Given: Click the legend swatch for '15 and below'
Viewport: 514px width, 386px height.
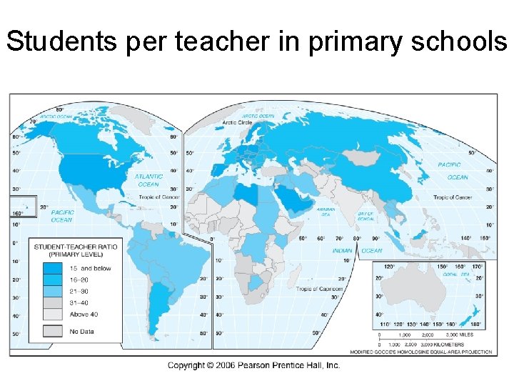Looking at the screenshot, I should click(51, 269).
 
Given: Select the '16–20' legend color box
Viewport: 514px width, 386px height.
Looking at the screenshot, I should click(51, 281).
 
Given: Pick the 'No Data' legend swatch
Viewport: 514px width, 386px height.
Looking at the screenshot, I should click(51, 331).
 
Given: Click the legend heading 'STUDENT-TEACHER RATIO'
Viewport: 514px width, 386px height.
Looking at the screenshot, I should click(76, 247).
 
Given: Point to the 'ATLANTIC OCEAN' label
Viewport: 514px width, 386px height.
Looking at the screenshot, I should click(148, 180).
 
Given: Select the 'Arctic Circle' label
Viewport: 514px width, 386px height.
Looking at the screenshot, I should click(257, 122).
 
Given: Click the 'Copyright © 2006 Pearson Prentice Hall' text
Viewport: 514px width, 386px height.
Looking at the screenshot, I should click(253, 365).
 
